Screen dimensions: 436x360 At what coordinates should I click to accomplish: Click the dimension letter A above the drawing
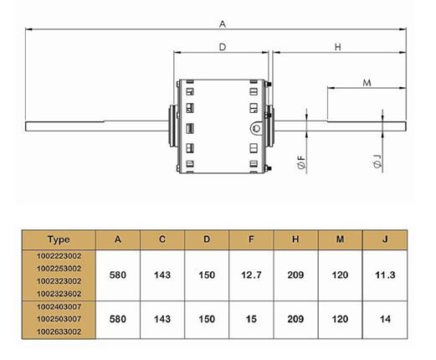(223, 24)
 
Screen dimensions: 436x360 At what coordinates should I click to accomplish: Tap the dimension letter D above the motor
(223, 47)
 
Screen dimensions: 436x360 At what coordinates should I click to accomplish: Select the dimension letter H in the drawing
(338, 47)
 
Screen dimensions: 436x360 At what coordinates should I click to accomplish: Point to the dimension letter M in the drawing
(367, 83)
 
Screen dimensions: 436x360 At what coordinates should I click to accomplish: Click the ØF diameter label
(301, 162)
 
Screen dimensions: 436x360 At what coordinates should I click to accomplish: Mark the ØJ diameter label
(377, 162)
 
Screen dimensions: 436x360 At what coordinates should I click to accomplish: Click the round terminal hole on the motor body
(256, 128)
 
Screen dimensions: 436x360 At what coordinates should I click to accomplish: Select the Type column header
(59, 239)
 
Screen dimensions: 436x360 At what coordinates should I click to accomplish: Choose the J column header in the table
(385, 239)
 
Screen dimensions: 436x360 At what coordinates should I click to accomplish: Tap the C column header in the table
(162, 239)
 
